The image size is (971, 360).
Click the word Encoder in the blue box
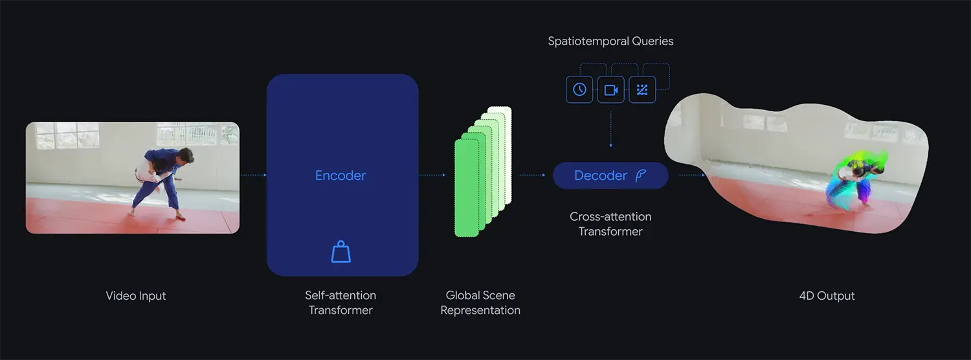340,175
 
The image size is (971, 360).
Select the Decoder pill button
610,175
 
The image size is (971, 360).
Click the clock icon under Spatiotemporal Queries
579,90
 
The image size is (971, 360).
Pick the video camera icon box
610,90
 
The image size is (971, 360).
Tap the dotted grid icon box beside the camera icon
642,90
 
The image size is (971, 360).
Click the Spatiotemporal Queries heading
610,41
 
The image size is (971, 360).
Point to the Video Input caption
136,296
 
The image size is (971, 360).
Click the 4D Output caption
827,296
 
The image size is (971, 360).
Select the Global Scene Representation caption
480,302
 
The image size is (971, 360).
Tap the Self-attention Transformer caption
340,302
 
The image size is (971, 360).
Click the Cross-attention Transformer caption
610,223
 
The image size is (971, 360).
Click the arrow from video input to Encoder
253,175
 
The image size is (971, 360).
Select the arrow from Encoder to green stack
432,175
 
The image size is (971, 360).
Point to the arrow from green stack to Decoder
531,175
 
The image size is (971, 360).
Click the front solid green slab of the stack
466,188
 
